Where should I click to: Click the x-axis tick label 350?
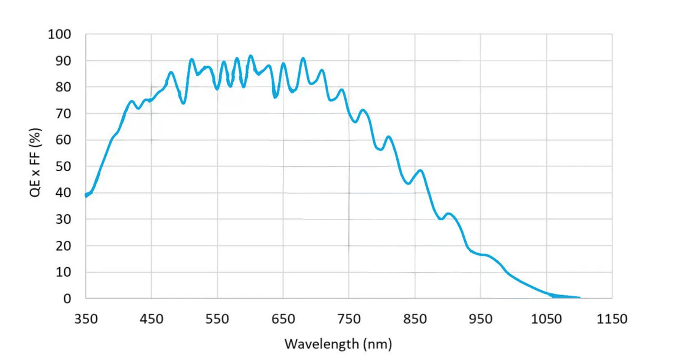(x=86, y=319)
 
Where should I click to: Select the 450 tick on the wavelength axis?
(x=151, y=319)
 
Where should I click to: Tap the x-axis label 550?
(x=217, y=319)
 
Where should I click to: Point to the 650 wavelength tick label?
(x=283, y=319)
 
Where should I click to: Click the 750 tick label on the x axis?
(x=348, y=319)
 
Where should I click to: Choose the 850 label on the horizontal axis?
(x=415, y=319)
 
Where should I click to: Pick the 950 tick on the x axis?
(x=480, y=319)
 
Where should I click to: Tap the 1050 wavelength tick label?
(x=546, y=319)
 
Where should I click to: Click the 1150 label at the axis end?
(x=612, y=319)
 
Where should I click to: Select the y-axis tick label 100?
(x=59, y=34)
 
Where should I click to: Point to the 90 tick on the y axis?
(x=63, y=61)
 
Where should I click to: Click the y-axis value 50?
(x=63, y=166)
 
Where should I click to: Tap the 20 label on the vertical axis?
(x=63, y=246)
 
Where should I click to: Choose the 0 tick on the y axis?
(x=67, y=299)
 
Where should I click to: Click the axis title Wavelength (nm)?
(x=338, y=343)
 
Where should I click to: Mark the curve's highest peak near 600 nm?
(x=250, y=56)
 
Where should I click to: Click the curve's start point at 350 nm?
(x=86, y=195)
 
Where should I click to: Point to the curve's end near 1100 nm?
(x=579, y=297)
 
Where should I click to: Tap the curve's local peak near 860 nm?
(x=420, y=171)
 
